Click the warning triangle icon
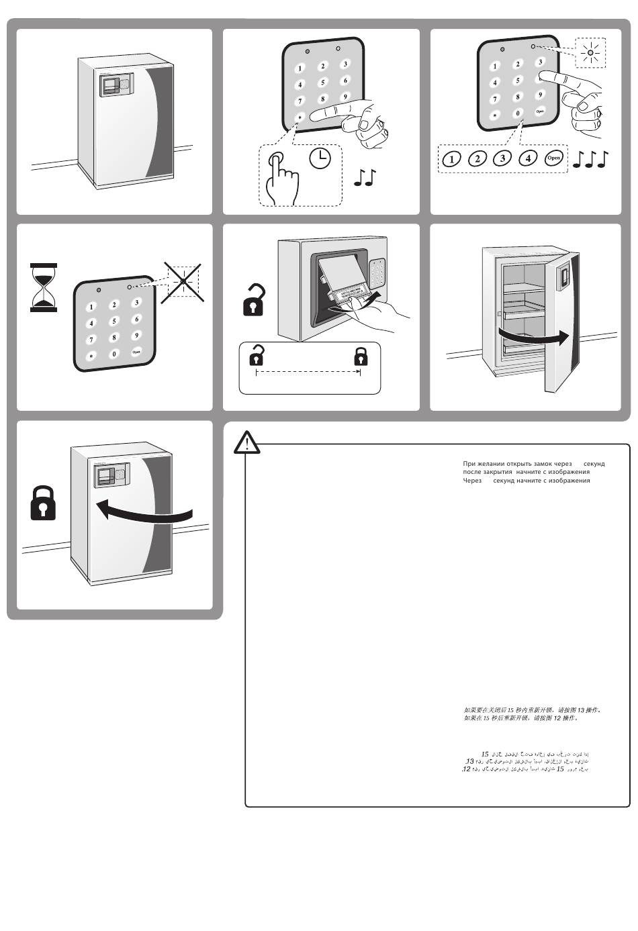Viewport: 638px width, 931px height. (247, 443)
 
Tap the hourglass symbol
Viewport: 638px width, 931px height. (44, 287)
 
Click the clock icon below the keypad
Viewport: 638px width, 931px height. (320, 158)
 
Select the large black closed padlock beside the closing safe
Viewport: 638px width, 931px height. (44, 503)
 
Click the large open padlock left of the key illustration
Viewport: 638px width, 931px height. (253, 300)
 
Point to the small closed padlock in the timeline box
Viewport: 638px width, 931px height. (360, 356)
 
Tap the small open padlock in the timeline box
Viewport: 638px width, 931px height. (256, 355)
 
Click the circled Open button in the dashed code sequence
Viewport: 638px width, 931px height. (553, 158)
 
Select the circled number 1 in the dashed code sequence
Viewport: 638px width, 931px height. (453, 159)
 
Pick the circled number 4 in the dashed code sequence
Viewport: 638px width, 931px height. (529, 158)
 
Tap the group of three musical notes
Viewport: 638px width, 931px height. (591, 159)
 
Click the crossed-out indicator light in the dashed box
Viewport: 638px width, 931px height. (183, 280)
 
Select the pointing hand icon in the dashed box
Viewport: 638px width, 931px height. (281, 176)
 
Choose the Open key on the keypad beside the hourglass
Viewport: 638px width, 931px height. (136, 352)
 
